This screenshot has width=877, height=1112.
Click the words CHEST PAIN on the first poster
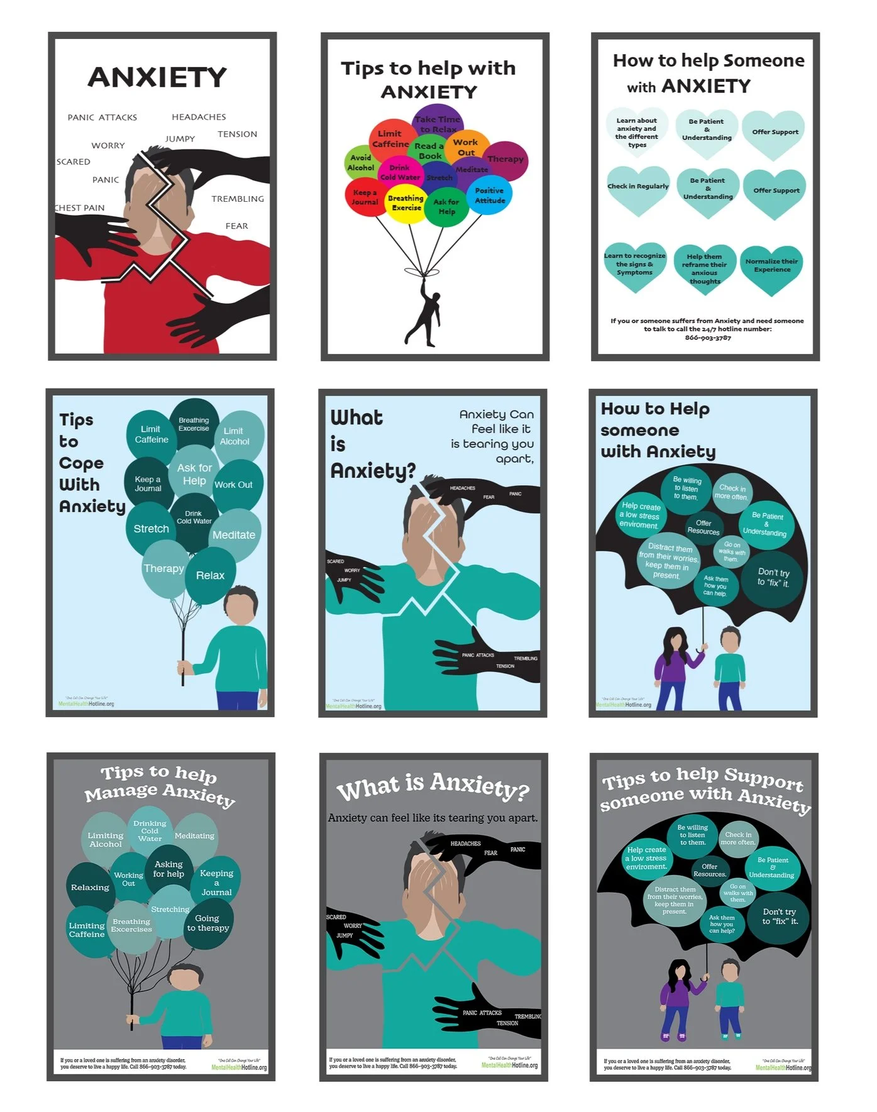[80, 208]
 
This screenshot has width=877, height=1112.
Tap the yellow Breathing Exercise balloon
[406, 203]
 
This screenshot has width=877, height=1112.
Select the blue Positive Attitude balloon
[490, 195]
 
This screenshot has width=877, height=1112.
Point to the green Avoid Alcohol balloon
[360, 163]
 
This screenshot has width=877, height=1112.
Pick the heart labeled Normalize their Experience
[771, 267]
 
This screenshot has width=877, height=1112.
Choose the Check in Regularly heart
[637, 187]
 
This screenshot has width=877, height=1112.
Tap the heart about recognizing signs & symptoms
[634, 265]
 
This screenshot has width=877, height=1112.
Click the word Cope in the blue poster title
[81, 463]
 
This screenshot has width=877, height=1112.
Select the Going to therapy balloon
[208, 923]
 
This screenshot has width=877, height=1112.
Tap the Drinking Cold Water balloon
[150, 830]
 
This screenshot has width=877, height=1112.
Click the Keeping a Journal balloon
[216, 882]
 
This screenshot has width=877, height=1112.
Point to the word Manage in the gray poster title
[122, 793]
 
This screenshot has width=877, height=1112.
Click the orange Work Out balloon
[466, 147]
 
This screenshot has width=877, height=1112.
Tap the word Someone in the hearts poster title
[763, 61]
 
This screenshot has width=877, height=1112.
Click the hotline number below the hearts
[707, 338]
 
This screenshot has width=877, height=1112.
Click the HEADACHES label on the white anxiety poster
[199, 117]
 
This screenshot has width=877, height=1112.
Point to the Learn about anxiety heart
[636, 133]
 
